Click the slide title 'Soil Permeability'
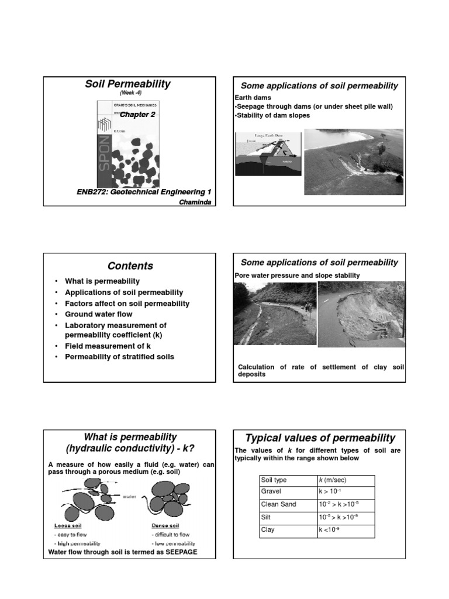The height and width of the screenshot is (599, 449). [127, 84]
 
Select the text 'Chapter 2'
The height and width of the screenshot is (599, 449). [138, 115]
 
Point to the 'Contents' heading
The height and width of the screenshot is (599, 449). [130, 266]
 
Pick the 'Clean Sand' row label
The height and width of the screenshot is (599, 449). [278, 504]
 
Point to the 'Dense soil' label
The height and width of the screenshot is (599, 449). [166, 525]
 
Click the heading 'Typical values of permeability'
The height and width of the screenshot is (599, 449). [320, 438]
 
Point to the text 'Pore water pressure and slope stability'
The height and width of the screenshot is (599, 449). [297, 276]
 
